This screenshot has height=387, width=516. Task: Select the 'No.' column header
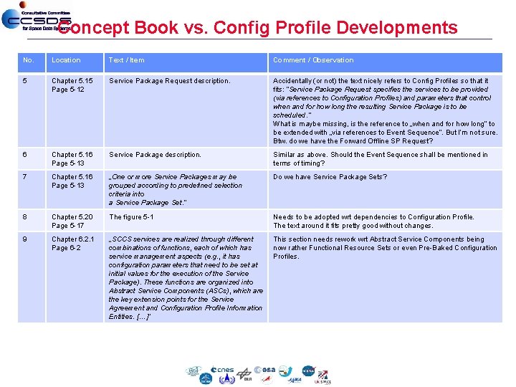click(29, 60)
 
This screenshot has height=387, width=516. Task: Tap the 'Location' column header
click(66, 60)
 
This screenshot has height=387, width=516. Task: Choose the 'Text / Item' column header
click(126, 60)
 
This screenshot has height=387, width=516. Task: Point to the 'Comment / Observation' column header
click(313, 60)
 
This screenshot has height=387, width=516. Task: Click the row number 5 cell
click(25, 81)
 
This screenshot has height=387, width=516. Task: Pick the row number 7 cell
click(25, 176)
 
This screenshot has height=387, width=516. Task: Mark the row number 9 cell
click(25, 239)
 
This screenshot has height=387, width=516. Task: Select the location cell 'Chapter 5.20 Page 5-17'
click(72, 221)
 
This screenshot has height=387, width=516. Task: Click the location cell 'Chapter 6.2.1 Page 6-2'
click(72, 244)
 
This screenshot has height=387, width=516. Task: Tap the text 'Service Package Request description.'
click(169, 81)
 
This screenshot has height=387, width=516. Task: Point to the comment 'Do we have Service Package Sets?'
click(330, 176)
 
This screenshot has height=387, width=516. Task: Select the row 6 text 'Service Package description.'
click(155, 155)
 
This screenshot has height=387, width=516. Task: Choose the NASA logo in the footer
click(308, 371)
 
